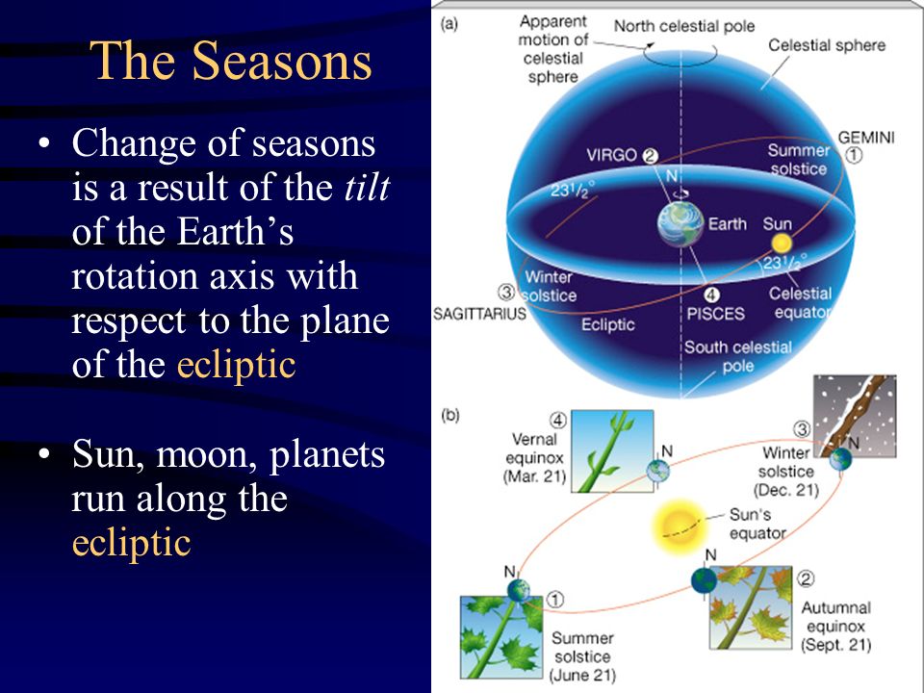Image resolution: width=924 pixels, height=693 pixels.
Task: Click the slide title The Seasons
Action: click(x=231, y=60)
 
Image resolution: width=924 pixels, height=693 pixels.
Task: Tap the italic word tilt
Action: click(x=366, y=187)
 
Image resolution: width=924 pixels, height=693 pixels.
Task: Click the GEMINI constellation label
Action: click(x=865, y=138)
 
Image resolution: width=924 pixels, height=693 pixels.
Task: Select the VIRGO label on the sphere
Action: click(x=612, y=155)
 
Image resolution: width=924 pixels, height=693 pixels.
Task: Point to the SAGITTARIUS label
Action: click(x=479, y=314)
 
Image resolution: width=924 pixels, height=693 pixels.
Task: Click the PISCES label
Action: click(x=715, y=314)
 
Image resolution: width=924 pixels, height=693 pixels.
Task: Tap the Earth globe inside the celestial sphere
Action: click(x=680, y=224)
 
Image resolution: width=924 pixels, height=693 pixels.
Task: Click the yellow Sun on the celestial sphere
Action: click(x=781, y=243)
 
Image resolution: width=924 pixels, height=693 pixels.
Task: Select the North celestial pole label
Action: click(x=684, y=26)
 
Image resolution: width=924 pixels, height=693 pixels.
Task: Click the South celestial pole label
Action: click(x=738, y=356)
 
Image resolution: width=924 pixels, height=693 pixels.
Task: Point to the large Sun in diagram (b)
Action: click(x=679, y=526)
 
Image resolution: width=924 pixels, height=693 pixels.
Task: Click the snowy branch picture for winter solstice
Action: click(x=855, y=416)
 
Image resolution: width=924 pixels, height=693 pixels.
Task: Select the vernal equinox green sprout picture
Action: click(x=613, y=451)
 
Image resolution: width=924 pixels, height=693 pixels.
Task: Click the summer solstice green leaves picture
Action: click(x=501, y=636)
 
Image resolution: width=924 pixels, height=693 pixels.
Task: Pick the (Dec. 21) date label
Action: click(x=786, y=490)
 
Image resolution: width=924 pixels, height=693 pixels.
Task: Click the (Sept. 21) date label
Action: click(x=835, y=645)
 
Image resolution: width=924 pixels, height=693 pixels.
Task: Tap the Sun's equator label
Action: click(x=757, y=524)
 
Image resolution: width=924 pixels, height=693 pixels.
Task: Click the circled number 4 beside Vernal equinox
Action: click(x=557, y=421)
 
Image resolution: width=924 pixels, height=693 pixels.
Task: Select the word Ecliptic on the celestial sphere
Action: click(x=607, y=324)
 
